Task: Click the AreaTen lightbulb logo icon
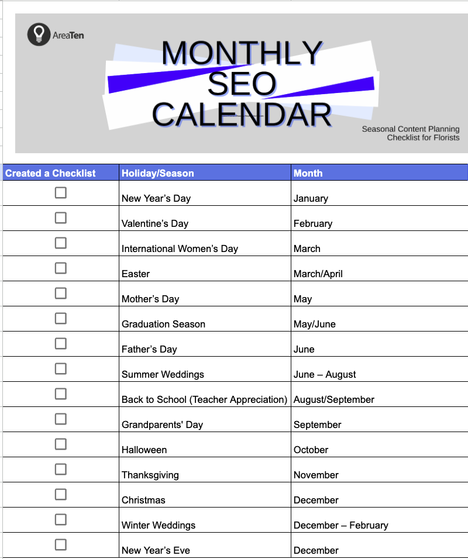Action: click(x=39, y=34)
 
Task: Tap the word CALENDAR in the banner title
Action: click(x=242, y=114)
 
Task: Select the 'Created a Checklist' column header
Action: click(x=50, y=173)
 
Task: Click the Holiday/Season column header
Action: click(x=157, y=173)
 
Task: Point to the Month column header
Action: click(x=308, y=173)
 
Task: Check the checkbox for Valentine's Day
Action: click(x=60, y=218)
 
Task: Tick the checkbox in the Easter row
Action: click(x=60, y=268)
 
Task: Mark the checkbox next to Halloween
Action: click(x=60, y=444)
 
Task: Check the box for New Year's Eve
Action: click(x=60, y=544)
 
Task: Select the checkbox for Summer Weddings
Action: click(x=60, y=368)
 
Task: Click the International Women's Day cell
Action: click(x=180, y=249)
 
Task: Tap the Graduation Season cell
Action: click(x=163, y=324)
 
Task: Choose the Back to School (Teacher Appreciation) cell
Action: click(x=204, y=399)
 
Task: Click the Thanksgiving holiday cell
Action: click(x=150, y=475)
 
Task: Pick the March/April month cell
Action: click(x=318, y=274)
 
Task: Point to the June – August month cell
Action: click(x=325, y=374)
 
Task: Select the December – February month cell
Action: click(x=340, y=525)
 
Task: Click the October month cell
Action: click(x=311, y=450)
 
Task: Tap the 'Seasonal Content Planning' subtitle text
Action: click(x=410, y=129)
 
